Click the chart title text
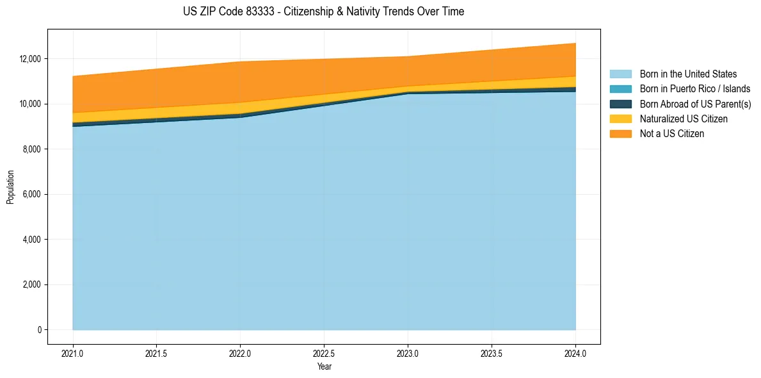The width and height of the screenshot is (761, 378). (x=323, y=12)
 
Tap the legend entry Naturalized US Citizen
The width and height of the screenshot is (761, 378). (x=684, y=119)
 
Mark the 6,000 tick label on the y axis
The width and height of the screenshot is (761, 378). (x=31, y=194)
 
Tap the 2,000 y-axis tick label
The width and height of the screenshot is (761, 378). (x=31, y=284)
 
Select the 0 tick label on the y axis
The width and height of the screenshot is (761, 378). (x=39, y=330)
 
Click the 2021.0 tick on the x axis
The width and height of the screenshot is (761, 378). (x=73, y=352)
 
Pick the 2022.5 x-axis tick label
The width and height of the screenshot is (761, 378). (x=324, y=352)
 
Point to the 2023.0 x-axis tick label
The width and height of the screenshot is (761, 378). (x=408, y=352)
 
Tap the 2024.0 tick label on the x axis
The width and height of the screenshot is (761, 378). (x=575, y=352)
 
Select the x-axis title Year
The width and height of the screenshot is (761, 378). (x=324, y=366)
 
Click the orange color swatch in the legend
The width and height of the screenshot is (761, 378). (x=620, y=134)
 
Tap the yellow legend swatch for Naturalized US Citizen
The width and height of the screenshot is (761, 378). (x=620, y=119)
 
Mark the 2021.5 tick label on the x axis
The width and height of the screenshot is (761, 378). (x=157, y=352)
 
